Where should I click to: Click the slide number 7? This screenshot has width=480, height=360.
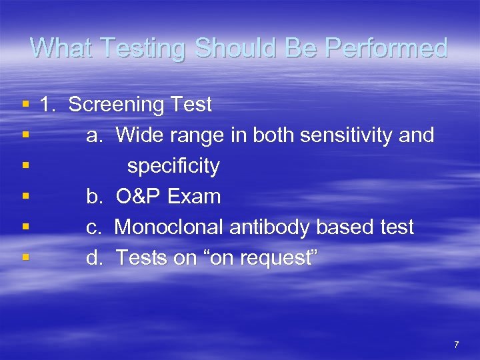456,345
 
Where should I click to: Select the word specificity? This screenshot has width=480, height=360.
173,167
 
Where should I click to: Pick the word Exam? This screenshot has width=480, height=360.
194,197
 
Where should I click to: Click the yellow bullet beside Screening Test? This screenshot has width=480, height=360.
25,105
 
